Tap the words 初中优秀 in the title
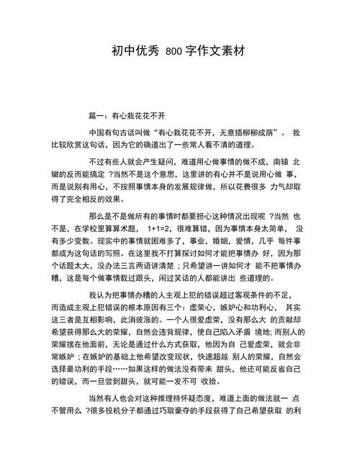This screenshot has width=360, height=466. click(x=135, y=52)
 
